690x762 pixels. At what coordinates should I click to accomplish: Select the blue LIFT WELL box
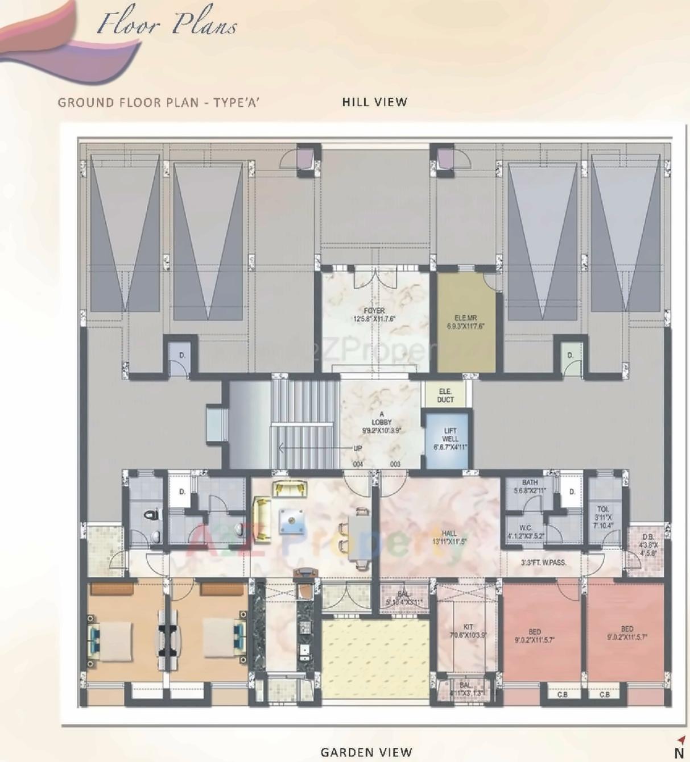(x=449, y=439)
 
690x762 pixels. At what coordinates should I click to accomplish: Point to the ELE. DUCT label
(x=445, y=395)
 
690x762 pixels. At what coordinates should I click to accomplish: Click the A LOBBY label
(x=381, y=422)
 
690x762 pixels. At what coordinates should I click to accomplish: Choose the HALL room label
(x=449, y=538)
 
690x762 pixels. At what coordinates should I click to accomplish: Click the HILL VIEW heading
(x=374, y=102)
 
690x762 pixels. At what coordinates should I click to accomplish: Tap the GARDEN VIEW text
(x=366, y=752)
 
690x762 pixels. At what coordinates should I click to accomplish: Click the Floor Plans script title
(x=167, y=24)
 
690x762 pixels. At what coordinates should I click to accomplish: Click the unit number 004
(x=358, y=464)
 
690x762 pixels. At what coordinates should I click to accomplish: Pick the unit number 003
(x=395, y=464)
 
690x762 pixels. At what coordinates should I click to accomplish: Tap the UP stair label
(x=357, y=448)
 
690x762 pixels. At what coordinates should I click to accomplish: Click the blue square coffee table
(x=291, y=521)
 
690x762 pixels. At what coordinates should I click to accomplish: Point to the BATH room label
(x=530, y=486)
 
